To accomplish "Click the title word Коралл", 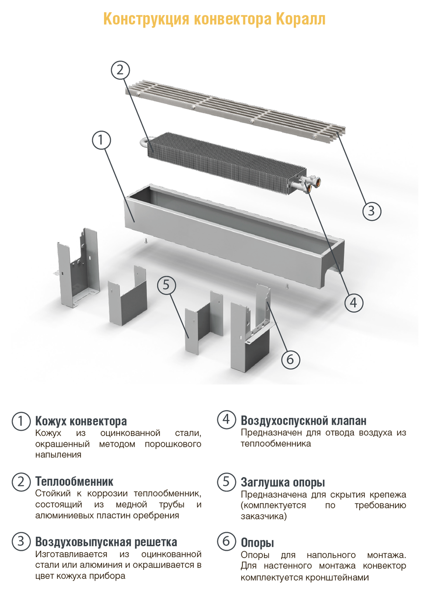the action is (300, 19).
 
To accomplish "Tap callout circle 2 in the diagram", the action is (120, 70).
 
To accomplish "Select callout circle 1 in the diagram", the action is (102, 140).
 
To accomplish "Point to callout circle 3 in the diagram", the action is (371, 211).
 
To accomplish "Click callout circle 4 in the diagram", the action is (354, 303).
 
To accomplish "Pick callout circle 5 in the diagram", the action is (166, 285).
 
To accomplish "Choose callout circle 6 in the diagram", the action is (290, 359).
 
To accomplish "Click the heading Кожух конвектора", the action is (81, 421).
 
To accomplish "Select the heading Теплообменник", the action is (74, 481).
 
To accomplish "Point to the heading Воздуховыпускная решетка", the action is (106, 541).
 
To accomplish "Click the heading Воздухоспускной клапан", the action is (304, 420).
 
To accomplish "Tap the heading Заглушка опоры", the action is (283, 482).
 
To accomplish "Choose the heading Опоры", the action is (258, 542).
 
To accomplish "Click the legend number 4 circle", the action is (226, 419).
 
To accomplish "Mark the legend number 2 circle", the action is (21, 482).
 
